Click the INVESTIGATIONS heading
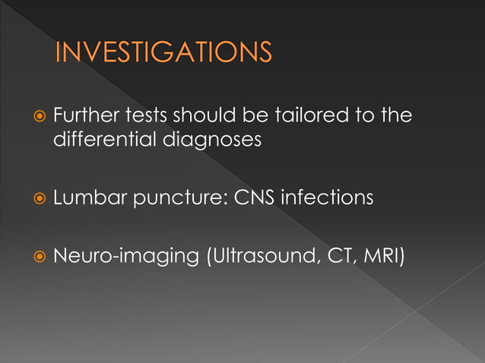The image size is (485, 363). [x=163, y=54]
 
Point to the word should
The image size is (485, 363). [x=207, y=117]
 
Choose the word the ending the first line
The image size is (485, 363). [x=395, y=117]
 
